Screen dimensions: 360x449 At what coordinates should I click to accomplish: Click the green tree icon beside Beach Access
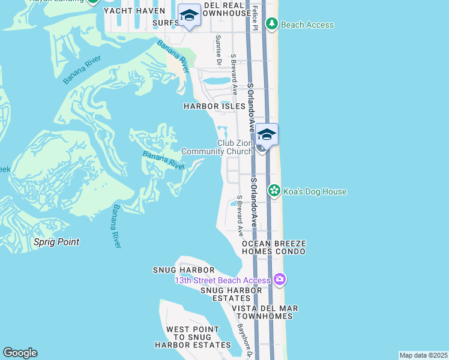click(x=272, y=24)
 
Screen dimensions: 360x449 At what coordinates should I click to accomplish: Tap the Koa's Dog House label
click(x=315, y=191)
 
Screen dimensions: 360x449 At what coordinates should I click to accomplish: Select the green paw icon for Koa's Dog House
click(x=274, y=191)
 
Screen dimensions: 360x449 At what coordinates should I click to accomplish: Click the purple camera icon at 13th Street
click(x=279, y=280)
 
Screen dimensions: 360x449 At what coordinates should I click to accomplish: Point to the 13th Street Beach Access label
click(x=222, y=280)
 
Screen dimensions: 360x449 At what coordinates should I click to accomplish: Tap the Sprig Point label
click(x=56, y=242)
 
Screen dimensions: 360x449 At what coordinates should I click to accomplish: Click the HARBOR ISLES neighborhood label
click(x=215, y=106)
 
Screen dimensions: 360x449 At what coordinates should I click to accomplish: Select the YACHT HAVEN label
click(x=134, y=11)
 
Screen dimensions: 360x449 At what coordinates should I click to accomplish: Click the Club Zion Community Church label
click(x=217, y=147)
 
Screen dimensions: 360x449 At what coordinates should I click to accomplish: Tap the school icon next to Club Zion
click(x=267, y=134)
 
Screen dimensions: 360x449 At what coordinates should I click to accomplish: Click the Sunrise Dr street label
click(x=218, y=50)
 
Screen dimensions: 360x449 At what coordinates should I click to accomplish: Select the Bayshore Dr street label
click(x=243, y=339)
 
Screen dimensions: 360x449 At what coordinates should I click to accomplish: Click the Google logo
click(x=20, y=353)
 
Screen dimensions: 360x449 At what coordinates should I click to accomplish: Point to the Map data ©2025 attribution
click(x=424, y=355)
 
